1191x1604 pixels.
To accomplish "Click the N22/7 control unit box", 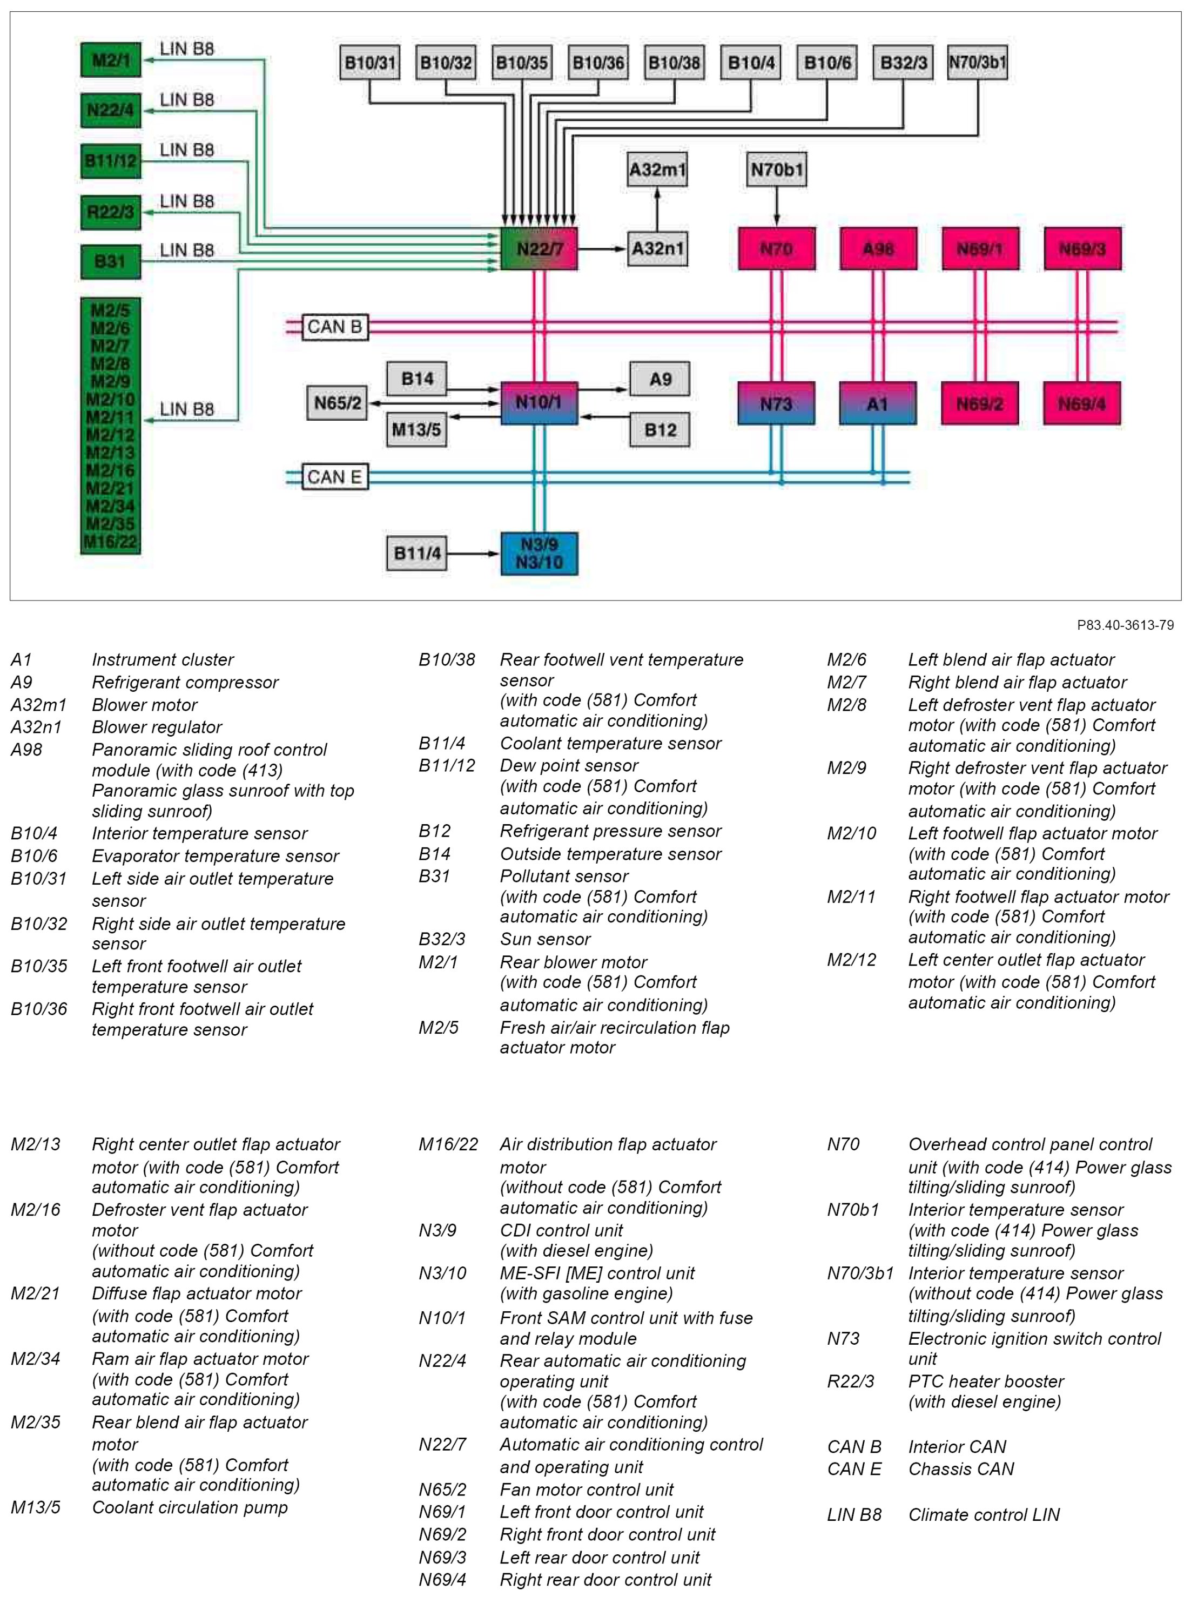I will click(x=539, y=250).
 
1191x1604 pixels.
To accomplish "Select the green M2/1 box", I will click(x=110, y=60).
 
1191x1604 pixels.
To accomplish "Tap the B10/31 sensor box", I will click(x=370, y=63).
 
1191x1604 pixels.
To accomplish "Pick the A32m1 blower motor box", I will click(x=657, y=170).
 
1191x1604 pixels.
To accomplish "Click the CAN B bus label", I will click(x=334, y=327).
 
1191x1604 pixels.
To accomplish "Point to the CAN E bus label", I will click(x=334, y=477).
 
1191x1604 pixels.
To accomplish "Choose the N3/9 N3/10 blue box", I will click(x=539, y=554).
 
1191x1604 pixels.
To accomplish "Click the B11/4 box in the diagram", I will click(x=416, y=554).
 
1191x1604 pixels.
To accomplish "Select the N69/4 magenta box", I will click(x=1081, y=404).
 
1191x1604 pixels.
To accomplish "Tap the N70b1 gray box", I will click(x=777, y=170).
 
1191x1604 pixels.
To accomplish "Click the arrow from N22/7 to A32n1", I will click(x=602, y=250).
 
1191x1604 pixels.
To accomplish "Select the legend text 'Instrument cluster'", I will click(x=163, y=659).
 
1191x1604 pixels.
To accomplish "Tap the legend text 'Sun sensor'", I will click(x=545, y=939).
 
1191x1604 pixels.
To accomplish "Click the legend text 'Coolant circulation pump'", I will click(x=190, y=1507).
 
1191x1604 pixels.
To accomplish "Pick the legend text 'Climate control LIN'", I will click(x=984, y=1514).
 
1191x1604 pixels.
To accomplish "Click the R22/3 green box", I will click(x=110, y=212).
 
